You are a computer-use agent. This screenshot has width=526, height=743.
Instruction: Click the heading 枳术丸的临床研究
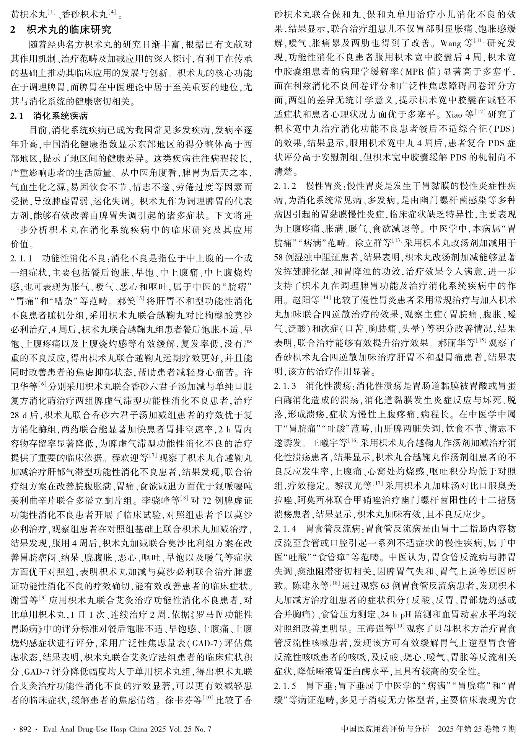(x=69, y=29)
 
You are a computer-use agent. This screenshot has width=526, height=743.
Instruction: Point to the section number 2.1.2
(x=285, y=187)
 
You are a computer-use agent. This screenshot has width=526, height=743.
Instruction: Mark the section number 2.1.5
(x=285, y=684)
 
